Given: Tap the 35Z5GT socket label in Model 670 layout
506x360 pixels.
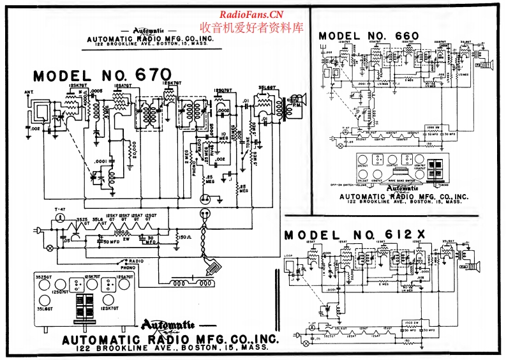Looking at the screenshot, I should click(44, 278).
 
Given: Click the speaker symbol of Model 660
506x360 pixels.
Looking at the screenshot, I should click(491, 64).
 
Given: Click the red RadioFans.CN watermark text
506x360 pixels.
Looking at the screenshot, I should click(251, 15).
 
